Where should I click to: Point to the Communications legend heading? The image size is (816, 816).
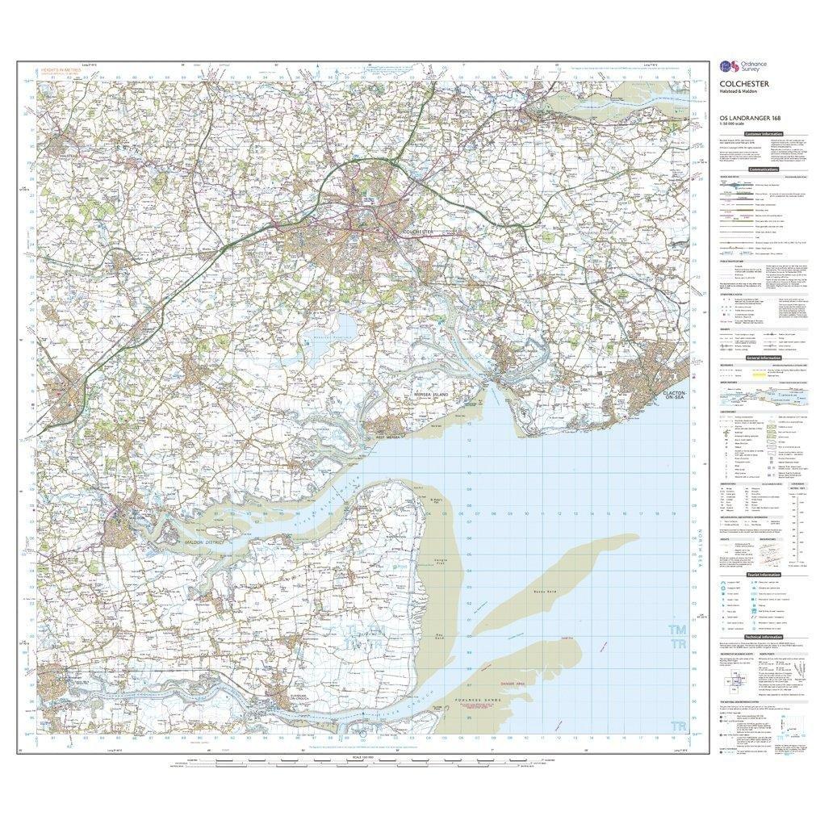(x=763, y=169)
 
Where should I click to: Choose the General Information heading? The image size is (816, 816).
(x=763, y=357)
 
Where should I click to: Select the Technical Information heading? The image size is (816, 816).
(x=763, y=637)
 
